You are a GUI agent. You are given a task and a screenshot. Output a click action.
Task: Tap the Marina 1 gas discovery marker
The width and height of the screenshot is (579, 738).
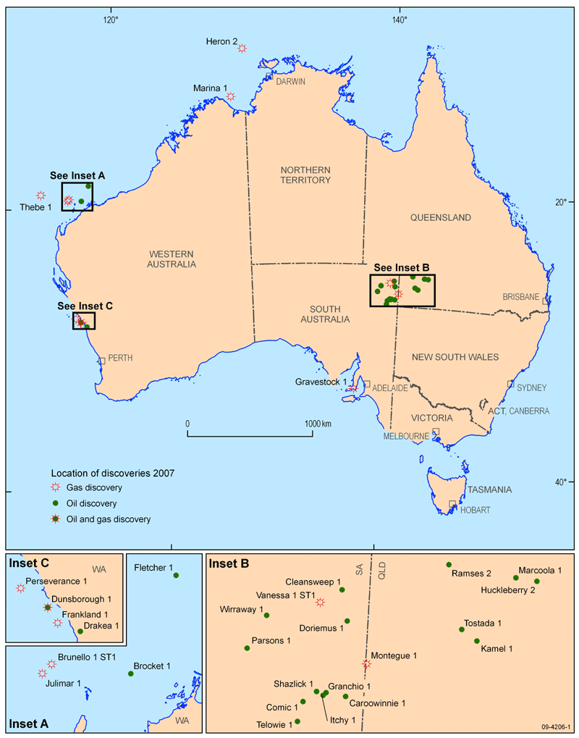230,96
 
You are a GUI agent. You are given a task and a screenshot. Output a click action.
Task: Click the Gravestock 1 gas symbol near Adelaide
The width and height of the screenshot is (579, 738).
352,389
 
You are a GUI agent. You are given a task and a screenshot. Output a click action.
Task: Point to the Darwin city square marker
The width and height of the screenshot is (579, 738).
269,75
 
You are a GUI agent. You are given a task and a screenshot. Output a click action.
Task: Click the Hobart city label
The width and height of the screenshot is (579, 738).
476,510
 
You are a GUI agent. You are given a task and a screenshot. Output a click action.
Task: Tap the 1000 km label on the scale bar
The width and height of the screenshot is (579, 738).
317,423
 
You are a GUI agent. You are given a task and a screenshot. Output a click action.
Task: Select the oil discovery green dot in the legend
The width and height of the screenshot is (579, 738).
54,503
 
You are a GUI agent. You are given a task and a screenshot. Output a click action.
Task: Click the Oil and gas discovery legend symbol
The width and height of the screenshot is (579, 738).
54,519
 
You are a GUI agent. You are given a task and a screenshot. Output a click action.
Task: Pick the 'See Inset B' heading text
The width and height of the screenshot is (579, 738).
402,267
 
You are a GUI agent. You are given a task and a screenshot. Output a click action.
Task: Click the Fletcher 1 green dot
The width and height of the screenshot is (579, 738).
176,575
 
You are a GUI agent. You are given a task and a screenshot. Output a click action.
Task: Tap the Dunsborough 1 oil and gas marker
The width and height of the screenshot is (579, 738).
47,608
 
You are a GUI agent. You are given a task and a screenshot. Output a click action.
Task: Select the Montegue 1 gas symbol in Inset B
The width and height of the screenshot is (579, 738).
366,663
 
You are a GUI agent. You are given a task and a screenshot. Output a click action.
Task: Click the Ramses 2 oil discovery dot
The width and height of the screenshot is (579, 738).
449,565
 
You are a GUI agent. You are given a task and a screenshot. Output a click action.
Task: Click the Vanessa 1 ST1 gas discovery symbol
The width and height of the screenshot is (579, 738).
320,602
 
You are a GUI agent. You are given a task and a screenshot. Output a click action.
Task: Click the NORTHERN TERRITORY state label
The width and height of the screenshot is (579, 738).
305,175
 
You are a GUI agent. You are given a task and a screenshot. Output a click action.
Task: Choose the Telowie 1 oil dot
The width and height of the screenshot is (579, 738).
297,721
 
